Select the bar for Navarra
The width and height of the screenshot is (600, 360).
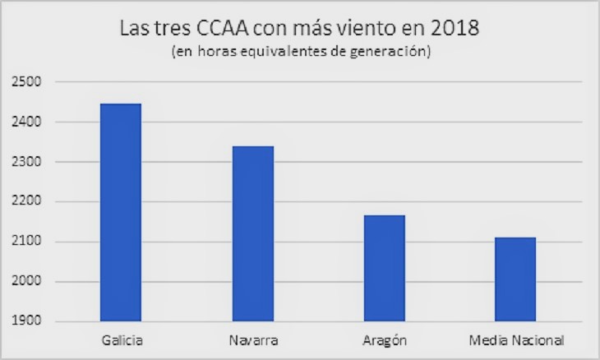click(x=252, y=233)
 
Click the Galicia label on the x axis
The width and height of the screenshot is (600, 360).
click(x=121, y=339)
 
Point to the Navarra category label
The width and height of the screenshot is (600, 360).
click(x=252, y=339)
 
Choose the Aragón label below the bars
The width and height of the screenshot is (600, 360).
click(x=384, y=340)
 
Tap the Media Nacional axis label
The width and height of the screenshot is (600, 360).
click(x=515, y=339)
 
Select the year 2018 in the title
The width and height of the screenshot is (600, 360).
click(x=454, y=29)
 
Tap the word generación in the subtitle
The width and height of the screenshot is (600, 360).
click(x=395, y=53)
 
